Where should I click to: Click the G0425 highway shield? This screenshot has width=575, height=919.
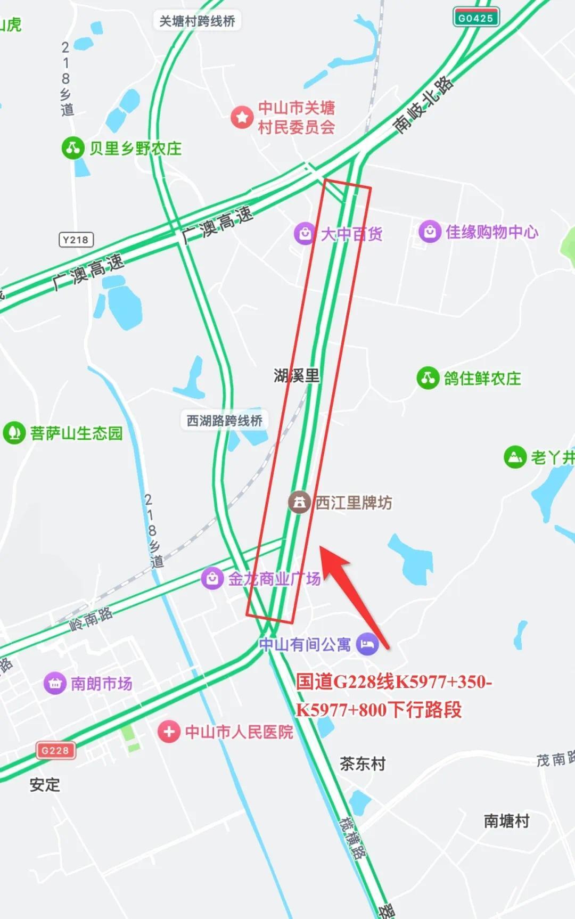tap(475, 18)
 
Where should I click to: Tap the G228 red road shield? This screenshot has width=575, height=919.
tap(55, 750)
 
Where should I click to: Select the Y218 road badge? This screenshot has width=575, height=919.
tap(76, 240)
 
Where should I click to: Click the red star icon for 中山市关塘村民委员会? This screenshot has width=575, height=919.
tap(242, 117)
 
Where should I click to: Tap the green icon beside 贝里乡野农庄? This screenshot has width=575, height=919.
tap(73, 148)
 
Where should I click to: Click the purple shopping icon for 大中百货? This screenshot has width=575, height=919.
tap(305, 233)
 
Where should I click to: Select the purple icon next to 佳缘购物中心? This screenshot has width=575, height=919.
tap(430, 232)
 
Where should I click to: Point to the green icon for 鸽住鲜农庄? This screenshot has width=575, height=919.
tap(428, 378)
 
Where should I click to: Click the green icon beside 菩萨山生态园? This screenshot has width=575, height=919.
tap(14, 433)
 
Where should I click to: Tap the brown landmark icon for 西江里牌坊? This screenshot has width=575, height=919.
tap(299, 502)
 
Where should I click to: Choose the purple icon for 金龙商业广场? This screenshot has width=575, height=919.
tap(212, 578)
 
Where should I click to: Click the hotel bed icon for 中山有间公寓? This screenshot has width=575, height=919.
tap(367, 644)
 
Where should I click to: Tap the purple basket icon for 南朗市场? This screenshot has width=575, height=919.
tap(55, 683)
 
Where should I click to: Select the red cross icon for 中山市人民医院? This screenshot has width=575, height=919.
tap(169, 732)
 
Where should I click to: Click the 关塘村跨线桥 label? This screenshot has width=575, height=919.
tap(197, 21)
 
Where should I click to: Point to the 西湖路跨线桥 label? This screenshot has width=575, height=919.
tap(224, 420)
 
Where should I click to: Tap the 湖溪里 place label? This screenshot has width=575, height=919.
tap(297, 375)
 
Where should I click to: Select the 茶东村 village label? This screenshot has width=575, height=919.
tap(363, 764)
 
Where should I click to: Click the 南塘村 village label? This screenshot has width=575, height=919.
tap(506, 820)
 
